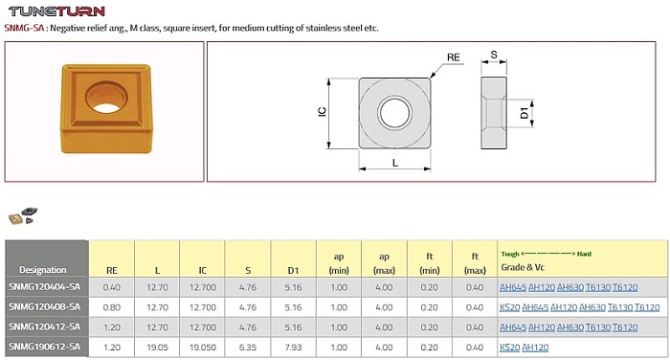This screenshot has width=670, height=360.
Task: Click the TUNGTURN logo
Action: coord(56,11)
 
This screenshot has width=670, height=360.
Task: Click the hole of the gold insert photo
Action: coord(106,98)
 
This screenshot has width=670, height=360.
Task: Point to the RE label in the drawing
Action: coord(454,57)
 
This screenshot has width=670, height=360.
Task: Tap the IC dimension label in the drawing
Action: coord(323,112)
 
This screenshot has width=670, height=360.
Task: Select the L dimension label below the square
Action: coord(394,163)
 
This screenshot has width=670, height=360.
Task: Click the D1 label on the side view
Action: coord(525,113)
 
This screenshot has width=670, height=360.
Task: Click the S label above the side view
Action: coord(494,55)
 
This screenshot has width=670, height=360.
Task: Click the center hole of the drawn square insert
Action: coord(394,113)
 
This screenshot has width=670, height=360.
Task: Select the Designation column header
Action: coord(43,270)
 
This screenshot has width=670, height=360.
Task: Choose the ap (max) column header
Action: coord(384,263)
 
